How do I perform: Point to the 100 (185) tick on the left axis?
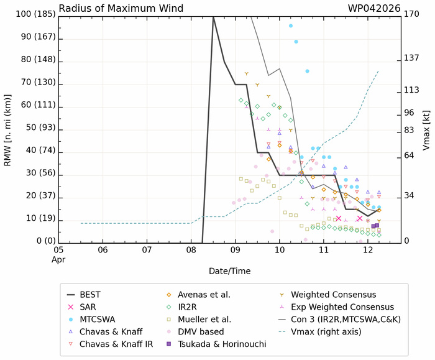coord(29,14)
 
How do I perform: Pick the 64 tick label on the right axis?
coord(409,155)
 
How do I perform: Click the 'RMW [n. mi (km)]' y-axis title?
coord(8,128)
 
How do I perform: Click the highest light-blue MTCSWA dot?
coord(291,26)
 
